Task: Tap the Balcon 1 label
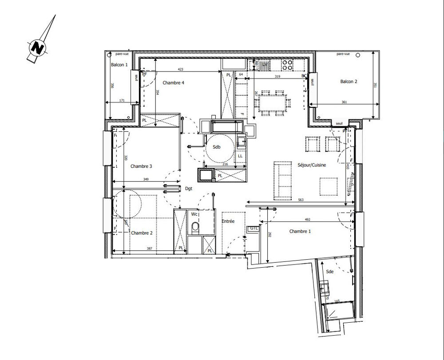coord(119,65)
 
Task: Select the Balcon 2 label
coord(349,81)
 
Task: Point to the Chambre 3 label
coord(141,166)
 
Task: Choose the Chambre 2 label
coord(141,233)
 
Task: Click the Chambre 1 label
coord(300,231)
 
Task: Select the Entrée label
coord(228,221)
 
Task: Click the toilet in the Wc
coord(194,228)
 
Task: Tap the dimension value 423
coord(181,70)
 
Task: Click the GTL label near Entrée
coord(254,228)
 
